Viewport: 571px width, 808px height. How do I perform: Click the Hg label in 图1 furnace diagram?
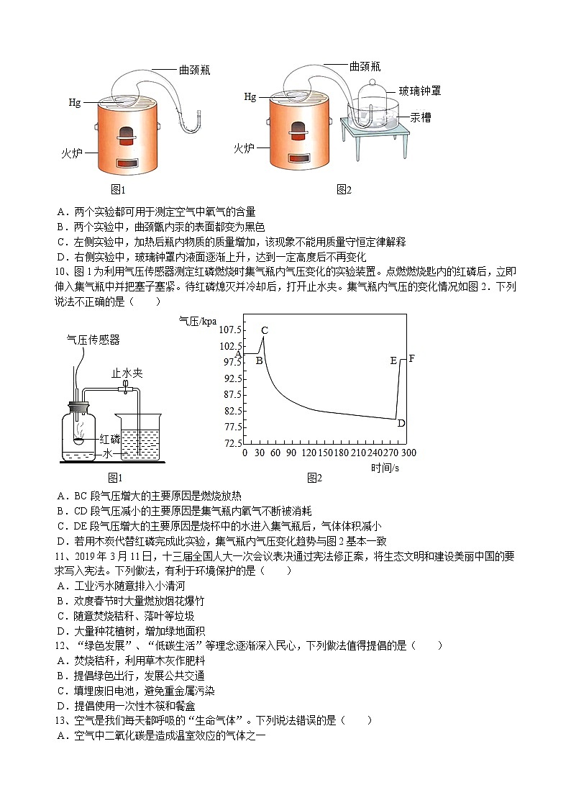[x=75, y=103]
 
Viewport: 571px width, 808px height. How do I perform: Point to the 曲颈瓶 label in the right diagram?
[x=365, y=66]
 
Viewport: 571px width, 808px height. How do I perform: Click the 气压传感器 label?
[x=93, y=340]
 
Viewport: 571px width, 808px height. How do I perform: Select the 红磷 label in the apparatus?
[x=110, y=439]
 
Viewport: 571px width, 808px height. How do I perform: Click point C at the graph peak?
[x=265, y=331]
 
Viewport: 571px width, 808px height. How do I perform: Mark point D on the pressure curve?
[x=401, y=423]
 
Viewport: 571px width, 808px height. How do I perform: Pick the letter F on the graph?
[x=411, y=359]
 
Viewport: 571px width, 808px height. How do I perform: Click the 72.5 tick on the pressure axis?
[x=232, y=444]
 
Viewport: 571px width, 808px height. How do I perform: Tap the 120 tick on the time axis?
[x=309, y=453]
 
